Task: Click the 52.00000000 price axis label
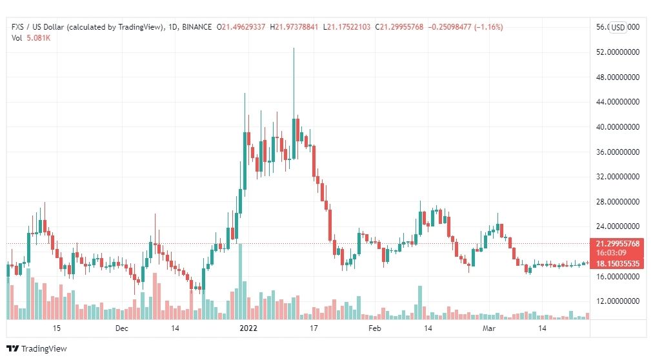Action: point(618,52)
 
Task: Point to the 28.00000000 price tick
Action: point(618,202)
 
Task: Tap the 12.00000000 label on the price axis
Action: point(618,301)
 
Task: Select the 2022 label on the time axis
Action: point(248,328)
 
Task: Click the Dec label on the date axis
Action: point(121,328)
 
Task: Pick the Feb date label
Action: point(375,328)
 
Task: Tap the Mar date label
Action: point(489,328)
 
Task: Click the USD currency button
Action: point(618,28)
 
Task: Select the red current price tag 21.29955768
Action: point(618,244)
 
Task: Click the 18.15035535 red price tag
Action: point(618,264)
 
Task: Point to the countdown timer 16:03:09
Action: point(611,253)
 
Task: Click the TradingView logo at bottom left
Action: point(37,349)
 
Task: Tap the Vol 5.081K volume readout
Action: point(31,38)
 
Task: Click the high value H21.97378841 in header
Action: point(294,27)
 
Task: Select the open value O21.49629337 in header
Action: point(241,27)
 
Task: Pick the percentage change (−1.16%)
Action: point(488,27)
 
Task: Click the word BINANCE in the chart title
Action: point(197,27)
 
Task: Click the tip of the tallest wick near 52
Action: point(294,48)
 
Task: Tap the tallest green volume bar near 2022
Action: point(240,282)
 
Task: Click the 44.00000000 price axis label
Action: point(618,102)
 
